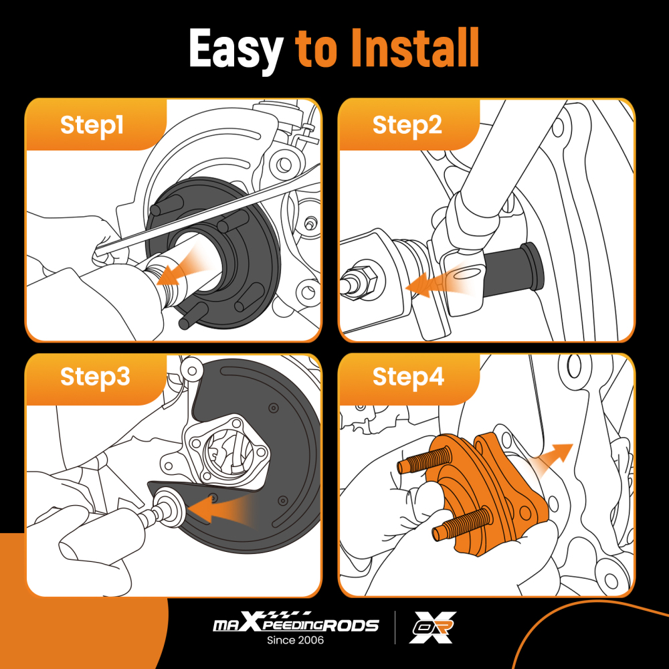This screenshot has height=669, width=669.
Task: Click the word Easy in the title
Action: (x=236, y=49)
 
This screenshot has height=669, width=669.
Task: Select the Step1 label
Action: (x=92, y=126)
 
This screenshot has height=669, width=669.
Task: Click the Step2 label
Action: (x=407, y=126)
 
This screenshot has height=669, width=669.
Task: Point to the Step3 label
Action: (x=95, y=377)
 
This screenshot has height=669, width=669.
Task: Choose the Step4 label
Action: (x=408, y=377)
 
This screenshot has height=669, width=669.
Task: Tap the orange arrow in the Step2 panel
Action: (x=440, y=282)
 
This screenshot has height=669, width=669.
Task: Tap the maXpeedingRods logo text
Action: (x=296, y=623)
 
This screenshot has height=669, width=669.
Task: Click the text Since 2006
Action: (x=295, y=640)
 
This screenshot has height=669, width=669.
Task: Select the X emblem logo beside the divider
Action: (x=432, y=628)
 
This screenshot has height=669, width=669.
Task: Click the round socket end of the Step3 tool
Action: (x=170, y=508)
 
